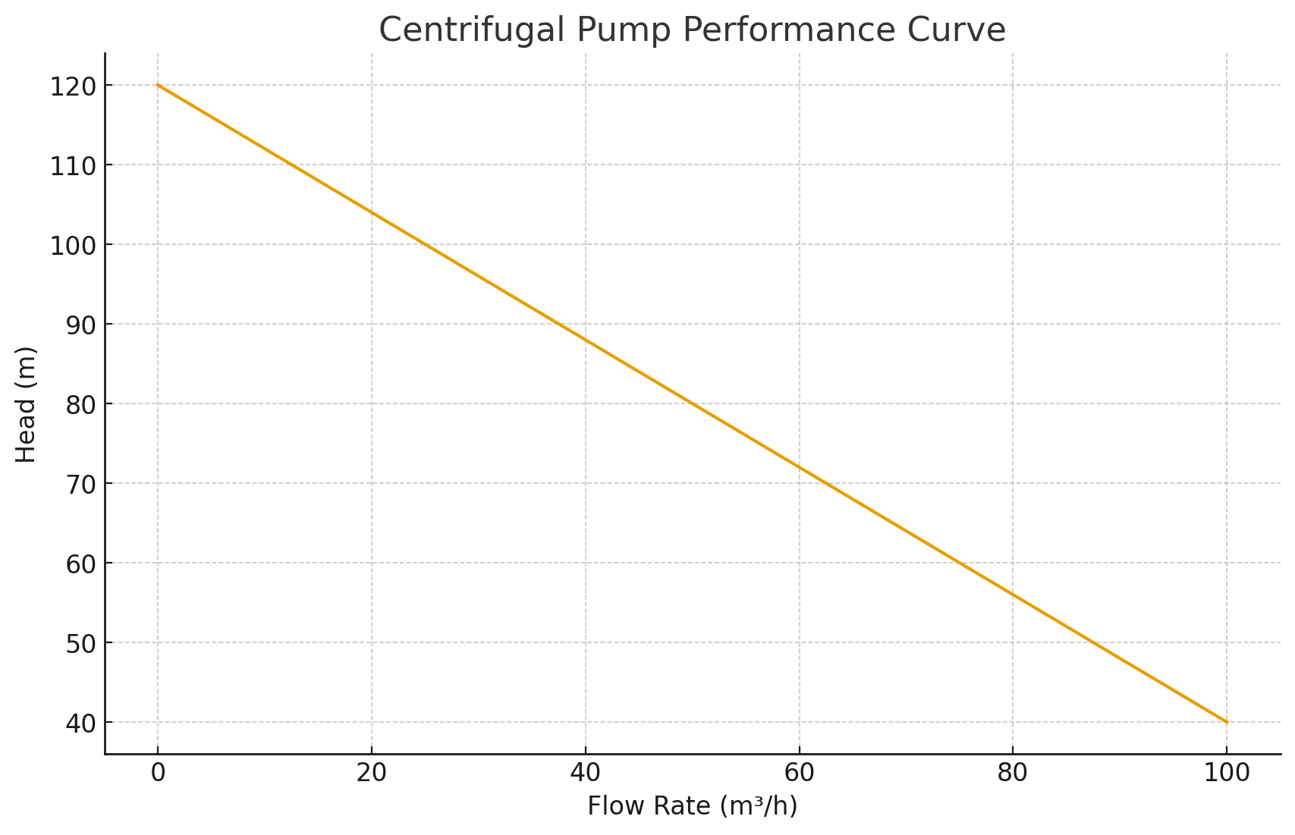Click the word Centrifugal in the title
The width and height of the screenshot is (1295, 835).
(471, 30)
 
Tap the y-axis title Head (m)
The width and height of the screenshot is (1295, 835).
(27, 404)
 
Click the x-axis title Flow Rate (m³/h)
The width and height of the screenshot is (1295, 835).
(692, 805)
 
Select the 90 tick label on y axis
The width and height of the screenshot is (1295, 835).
(80, 325)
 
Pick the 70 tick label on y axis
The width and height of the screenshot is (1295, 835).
(80, 485)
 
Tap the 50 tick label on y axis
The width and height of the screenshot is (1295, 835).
(80, 644)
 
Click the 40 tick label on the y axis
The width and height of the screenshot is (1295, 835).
(80, 724)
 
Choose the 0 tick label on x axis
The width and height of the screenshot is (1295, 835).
(158, 773)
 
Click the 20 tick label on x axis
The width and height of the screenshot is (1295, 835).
(371, 773)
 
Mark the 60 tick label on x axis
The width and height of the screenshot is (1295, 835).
(799, 773)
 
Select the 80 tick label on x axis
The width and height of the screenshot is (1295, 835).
(1013, 773)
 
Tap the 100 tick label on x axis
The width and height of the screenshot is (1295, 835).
(1227, 773)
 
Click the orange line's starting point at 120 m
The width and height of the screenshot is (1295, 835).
(158, 85)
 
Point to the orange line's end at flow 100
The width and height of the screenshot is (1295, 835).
(1227, 722)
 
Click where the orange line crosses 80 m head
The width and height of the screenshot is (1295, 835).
(692, 403)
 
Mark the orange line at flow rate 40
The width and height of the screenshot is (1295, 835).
(585, 340)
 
